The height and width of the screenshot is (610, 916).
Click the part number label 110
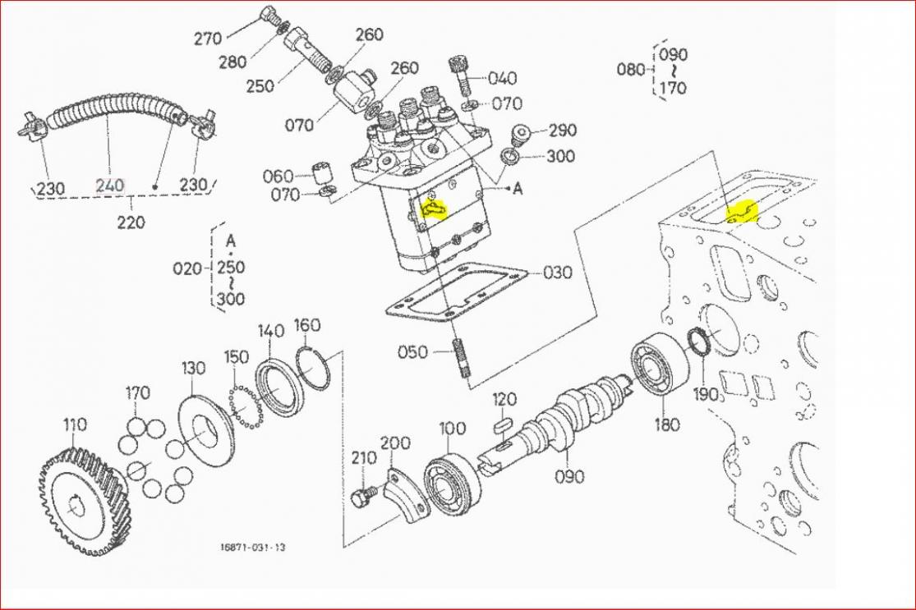click(75, 424)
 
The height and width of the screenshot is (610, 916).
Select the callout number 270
click(209, 38)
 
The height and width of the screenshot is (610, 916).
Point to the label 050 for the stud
click(412, 352)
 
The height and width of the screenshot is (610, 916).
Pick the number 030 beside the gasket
click(557, 272)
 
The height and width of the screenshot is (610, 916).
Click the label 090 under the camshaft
click(569, 476)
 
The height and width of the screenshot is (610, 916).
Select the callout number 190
click(706, 393)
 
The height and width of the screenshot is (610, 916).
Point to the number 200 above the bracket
click(394, 443)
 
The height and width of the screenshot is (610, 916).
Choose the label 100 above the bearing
click(452, 429)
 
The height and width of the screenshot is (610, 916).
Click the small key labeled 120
click(502, 426)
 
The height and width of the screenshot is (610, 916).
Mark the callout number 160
click(306, 324)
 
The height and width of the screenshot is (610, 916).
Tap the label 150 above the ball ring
click(237, 357)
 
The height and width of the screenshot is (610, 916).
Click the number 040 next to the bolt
click(502, 78)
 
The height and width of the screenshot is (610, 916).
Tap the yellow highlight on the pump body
click(432, 212)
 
